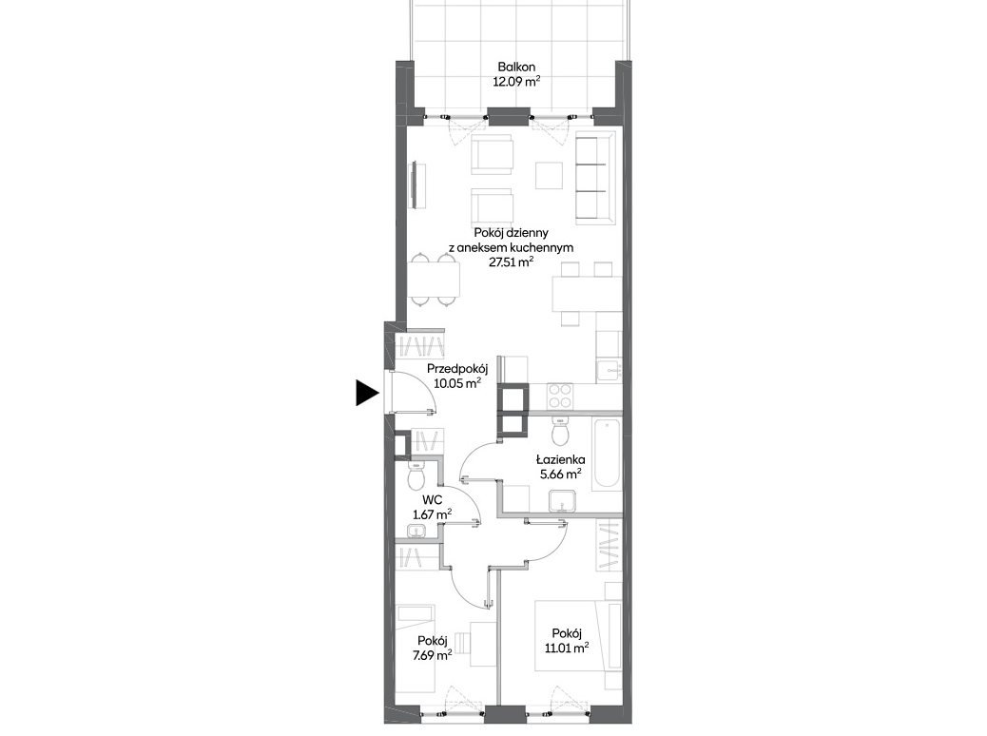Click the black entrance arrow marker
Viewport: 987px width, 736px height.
pos(366,393)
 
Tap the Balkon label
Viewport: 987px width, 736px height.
pos(516,67)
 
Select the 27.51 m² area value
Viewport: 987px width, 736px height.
pos(512,261)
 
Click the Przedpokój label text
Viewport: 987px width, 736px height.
pos(457,369)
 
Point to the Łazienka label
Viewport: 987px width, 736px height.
pos(561,459)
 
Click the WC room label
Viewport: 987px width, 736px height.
pos(432,500)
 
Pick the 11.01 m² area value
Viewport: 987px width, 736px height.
pos(567,648)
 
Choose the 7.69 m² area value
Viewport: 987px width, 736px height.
pos(432,655)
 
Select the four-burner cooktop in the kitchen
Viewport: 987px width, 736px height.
pos(559,396)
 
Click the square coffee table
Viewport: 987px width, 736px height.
pos(549,176)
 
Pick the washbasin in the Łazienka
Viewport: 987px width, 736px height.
pos(562,502)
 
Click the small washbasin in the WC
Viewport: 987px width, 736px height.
pos(416,532)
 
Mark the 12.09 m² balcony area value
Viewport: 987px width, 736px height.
pos(516,81)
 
